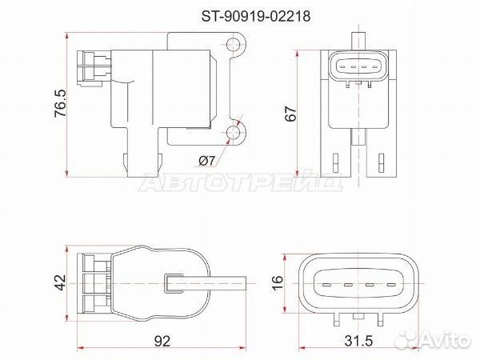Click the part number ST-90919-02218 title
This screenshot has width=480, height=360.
pos(256,16)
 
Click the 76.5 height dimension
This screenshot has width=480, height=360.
pos(60,103)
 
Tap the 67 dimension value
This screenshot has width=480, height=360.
pos(291,114)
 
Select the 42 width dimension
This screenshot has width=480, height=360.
pos(60,282)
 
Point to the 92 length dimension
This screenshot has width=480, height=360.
pos(162,341)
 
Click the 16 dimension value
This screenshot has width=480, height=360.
pos(278,282)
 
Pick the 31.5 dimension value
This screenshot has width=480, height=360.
pos(358,341)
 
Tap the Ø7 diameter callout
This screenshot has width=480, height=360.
pos(207,161)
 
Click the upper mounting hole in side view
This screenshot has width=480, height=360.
pos(234,45)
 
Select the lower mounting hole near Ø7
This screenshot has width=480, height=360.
pos(234,132)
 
